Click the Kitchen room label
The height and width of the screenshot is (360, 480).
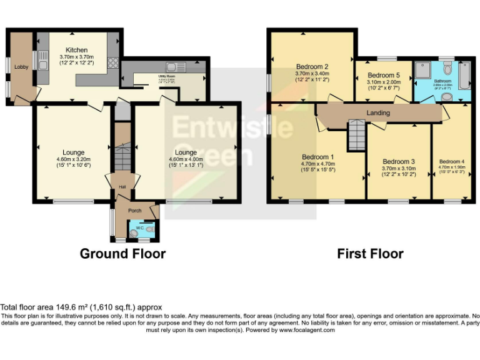tap(77, 49)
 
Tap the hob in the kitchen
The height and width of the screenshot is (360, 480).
tap(113, 62)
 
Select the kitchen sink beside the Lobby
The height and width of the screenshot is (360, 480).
tap(42, 62)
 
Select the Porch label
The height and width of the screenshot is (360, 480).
tap(135, 211)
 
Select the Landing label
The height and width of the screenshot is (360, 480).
tap(378, 113)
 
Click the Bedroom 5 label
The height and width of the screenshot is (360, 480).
tap(384, 76)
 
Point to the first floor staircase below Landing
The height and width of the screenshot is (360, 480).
tap(356, 134)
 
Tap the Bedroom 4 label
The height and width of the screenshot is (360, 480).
tap(451, 161)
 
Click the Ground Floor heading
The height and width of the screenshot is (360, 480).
tap(122, 254)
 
